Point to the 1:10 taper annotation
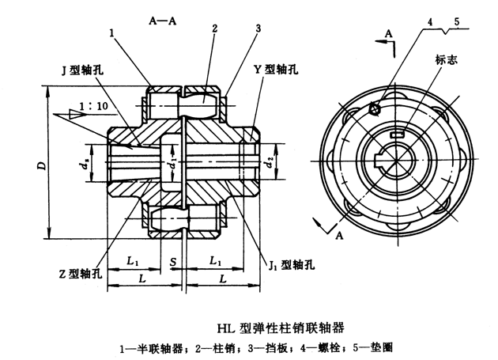[x=99, y=105]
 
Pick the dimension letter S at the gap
[x=172, y=261]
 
